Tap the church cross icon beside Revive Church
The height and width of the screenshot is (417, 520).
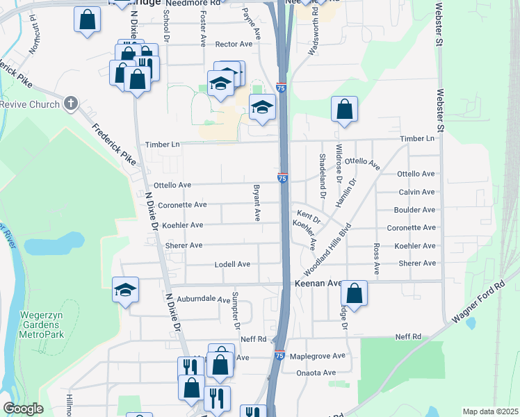click(x=70, y=104)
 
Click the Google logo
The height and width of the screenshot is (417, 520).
click(x=23, y=409)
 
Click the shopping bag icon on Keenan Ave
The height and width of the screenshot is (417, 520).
click(x=354, y=293)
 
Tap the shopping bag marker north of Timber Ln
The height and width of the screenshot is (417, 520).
click(x=344, y=109)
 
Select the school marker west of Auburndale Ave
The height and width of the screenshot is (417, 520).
click(x=125, y=290)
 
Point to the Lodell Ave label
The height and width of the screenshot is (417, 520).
click(x=232, y=264)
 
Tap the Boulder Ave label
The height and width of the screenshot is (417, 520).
click(x=415, y=210)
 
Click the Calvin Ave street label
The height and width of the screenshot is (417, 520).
click(x=417, y=192)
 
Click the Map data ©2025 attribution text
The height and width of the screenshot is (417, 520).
click(x=489, y=411)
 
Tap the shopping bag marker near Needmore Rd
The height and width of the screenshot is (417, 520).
click(x=88, y=22)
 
